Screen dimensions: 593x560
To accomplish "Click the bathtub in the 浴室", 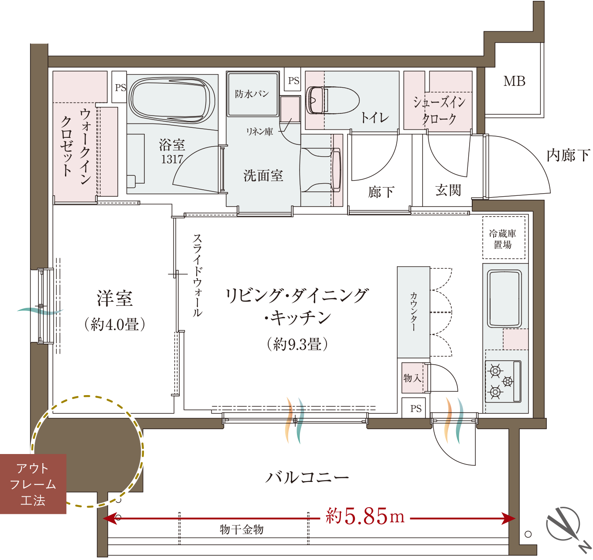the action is (173, 100).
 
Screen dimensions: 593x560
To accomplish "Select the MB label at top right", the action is (514, 81).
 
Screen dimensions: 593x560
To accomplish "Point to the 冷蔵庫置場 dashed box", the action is (504, 237).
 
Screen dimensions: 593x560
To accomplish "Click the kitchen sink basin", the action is (504, 299).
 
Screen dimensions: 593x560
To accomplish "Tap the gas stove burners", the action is (503, 381).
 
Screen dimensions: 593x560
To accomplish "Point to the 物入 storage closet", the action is (412, 378).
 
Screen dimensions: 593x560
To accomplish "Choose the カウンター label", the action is (413, 312).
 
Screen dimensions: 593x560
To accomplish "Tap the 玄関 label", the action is (448, 190).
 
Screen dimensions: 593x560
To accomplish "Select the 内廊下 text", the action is (568, 155).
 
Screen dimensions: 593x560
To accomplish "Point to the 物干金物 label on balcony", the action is (242, 529).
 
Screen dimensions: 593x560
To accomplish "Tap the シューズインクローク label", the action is (439, 110).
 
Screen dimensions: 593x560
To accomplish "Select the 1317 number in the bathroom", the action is (172, 159).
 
